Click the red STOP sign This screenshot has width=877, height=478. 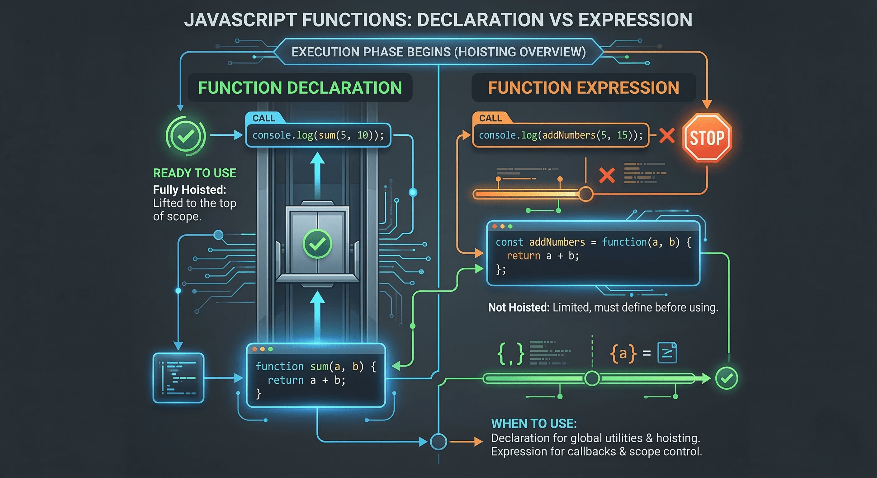point(707,138)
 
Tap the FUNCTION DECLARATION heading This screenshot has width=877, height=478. point(300,88)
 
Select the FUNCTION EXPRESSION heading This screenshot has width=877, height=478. point(584,88)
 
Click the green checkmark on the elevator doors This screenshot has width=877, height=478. point(317,244)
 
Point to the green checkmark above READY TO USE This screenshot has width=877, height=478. point(186,136)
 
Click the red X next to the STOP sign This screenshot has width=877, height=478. point(666,135)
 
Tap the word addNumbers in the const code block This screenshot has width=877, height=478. point(557,242)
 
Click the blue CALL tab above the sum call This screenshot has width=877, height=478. point(263,118)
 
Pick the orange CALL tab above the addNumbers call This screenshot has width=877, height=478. point(490,118)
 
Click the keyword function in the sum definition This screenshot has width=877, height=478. point(279,366)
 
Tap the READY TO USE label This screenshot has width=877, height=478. point(194,173)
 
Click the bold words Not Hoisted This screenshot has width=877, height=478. point(519,307)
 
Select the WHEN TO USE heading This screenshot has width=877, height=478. point(534,424)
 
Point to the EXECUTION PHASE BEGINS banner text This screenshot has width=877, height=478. point(439,52)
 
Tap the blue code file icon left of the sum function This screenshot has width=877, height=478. point(178,378)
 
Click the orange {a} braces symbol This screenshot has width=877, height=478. point(623,354)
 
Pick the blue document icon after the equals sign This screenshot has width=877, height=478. point(667,353)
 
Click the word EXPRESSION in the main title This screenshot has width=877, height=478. point(635,20)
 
